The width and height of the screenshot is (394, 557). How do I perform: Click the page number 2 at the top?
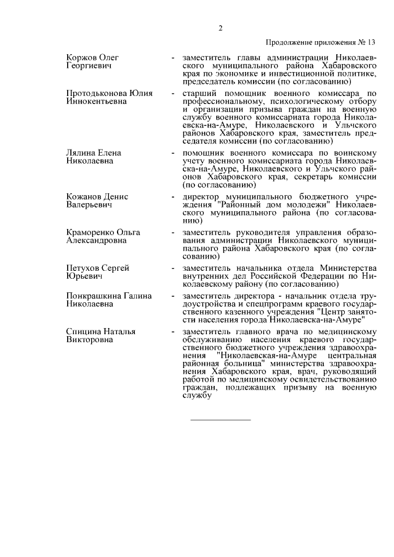coord(220,28)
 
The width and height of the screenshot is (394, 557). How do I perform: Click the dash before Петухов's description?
coord(174,268)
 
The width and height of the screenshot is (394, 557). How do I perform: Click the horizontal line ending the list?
coord(221,420)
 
